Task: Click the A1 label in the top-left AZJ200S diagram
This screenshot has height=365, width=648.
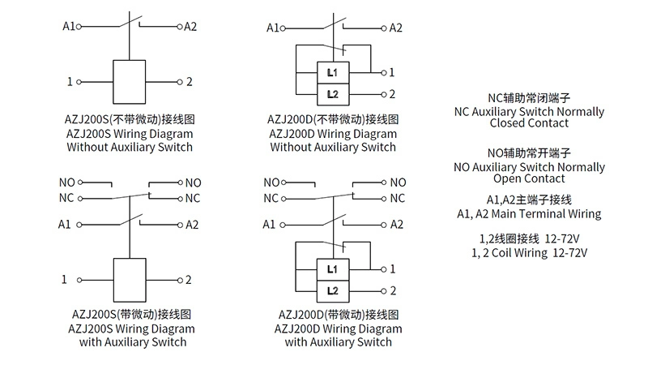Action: coord(68,27)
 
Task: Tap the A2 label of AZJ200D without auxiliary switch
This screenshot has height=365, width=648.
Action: coord(396,28)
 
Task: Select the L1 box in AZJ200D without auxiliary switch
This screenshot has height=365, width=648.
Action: coord(333,74)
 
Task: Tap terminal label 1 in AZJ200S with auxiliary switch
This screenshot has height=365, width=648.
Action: coord(65,280)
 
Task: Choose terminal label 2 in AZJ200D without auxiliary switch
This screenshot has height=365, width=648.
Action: coord(392,94)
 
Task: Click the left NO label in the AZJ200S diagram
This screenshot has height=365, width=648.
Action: coord(66,182)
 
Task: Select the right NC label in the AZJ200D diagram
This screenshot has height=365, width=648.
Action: coord(398,197)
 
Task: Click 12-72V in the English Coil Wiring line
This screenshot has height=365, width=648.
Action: coord(569,252)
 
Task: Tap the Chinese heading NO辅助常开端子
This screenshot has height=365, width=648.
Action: coord(529,152)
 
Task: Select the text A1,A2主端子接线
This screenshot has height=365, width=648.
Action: coord(529,200)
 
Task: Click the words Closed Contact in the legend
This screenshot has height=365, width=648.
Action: coord(529,124)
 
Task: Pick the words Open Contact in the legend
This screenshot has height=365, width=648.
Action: coord(529,178)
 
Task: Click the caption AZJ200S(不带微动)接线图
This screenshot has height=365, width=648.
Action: coord(130,118)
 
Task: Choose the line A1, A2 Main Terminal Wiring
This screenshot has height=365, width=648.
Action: coord(529,214)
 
